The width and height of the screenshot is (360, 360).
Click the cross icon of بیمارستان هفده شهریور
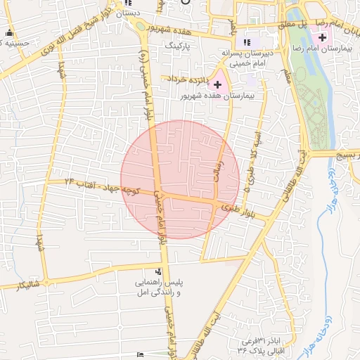tap(217, 84)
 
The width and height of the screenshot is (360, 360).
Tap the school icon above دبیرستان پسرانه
tap(246, 41)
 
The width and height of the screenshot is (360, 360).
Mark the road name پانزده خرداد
tap(186, 80)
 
